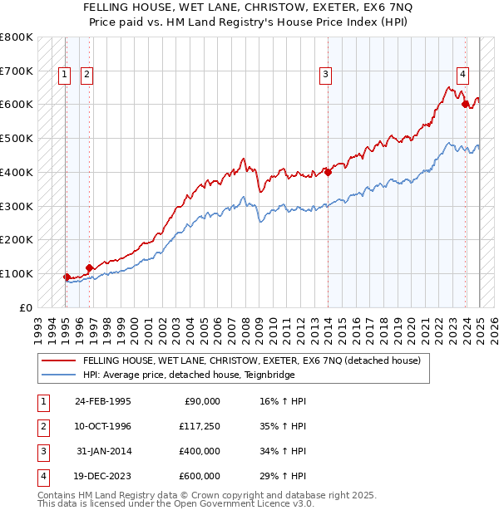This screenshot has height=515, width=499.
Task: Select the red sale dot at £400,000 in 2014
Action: coord(328,172)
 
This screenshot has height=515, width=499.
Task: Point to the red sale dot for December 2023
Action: coord(466,104)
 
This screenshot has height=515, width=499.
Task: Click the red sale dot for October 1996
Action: coord(89,267)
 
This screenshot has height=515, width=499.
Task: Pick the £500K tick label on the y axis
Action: coord(17,139)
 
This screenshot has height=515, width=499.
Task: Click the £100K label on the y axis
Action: coord(17,273)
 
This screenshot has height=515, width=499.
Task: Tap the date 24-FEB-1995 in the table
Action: coord(103,401)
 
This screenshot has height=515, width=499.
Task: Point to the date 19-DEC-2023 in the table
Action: coord(103,476)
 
